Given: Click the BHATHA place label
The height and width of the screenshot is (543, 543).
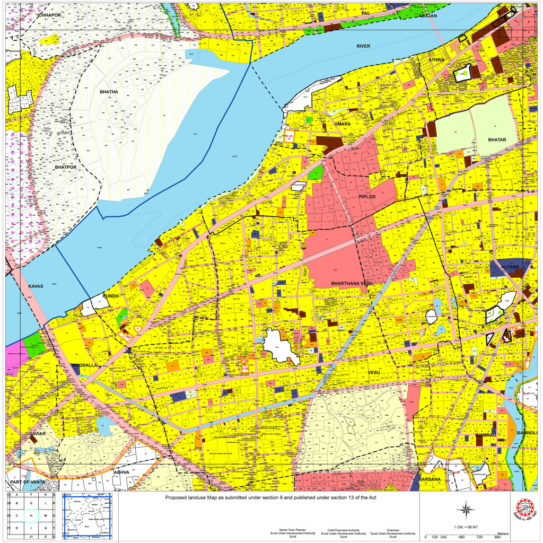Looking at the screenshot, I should point(109,92).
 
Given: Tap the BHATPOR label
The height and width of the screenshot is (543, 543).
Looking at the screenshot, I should point(66,167).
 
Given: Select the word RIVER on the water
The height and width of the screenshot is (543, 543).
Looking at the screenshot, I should point(363,46).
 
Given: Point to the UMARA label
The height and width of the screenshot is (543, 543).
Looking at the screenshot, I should point(343,124).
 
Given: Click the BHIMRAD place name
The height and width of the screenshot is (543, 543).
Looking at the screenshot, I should point(485,435).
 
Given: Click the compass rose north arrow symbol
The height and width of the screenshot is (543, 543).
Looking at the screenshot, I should point(465,511).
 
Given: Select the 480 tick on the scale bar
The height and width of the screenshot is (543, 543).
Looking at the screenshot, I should point(461,537).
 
